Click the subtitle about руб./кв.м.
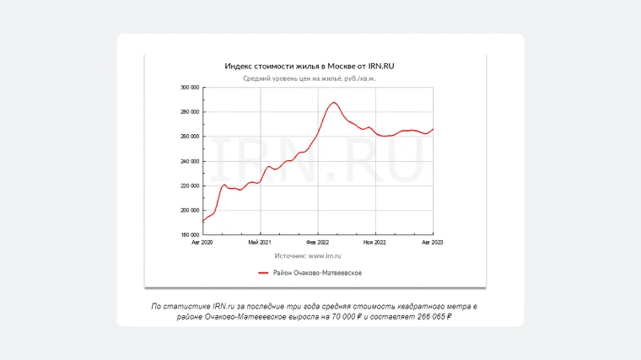pyautogui.click(x=309, y=78)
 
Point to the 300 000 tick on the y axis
pyautogui.click(x=190, y=88)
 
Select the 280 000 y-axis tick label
pyautogui.click(x=190, y=112)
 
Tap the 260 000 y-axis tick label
pyautogui.click(x=190, y=137)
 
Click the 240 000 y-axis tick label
pyautogui.click(x=190, y=161)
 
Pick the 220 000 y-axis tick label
pyautogui.click(x=190, y=185)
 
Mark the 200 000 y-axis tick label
pyautogui.click(x=190, y=211)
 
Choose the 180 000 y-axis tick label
pyautogui.click(x=190, y=235)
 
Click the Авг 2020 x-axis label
pyautogui.click(x=202, y=243)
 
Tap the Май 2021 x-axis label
pyautogui.click(x=260, y=243)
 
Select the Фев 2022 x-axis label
pyautogui.click(x=318, y=243)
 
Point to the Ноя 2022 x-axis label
pyautogui.click(x=375, y=243)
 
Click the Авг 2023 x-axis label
pyautogui.click(x=433, y=243)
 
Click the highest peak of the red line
pyautogui.click(x=335, y=102)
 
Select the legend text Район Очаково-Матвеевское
pyautogui.click(x=317, y=273)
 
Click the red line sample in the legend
pyautogui.click(x=262, y=273)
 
